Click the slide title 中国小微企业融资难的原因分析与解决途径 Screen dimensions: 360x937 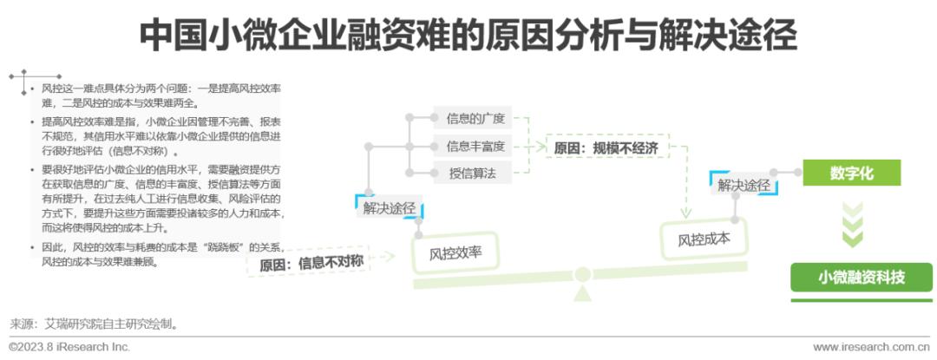pyautogui.click(x=468, y=36)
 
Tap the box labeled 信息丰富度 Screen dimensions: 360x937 pyautogui.click(x=475, y=146)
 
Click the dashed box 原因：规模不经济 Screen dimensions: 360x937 pyautogui.click(x=606, y=148)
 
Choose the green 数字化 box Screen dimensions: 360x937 pyautogui.click(x=852, y=173)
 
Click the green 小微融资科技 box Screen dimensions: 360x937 pyautogui.click(x=862, y=278)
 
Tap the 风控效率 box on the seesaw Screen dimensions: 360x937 pyautogui.click(x=455, y=254)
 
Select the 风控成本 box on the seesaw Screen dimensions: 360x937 pyautogui.click(x=704, y=236)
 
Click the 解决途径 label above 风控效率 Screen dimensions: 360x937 pyautogui.click(x=389, y=208)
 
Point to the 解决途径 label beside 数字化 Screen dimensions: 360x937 pyautogui.click(x=744, y=185)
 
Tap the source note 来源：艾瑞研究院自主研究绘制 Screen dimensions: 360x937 pyautogui.click(x=95, y=324)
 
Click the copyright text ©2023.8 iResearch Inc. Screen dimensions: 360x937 pyautogui.click(x=69, y=347)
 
